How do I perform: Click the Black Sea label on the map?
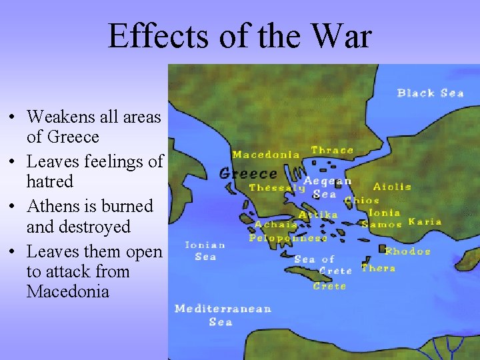430,93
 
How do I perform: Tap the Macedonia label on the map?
265,155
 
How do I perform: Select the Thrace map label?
332,150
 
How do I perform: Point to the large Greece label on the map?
248,173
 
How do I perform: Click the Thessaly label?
276,188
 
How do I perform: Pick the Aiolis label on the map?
391,187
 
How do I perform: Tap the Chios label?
362,200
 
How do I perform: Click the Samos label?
381,225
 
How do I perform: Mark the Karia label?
425,221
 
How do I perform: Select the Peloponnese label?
288,238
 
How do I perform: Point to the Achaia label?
276,225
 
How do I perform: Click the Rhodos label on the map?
407,251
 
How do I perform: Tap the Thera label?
378,268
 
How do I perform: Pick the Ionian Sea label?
205,251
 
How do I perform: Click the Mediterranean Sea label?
222,315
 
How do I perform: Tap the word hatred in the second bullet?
49,181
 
